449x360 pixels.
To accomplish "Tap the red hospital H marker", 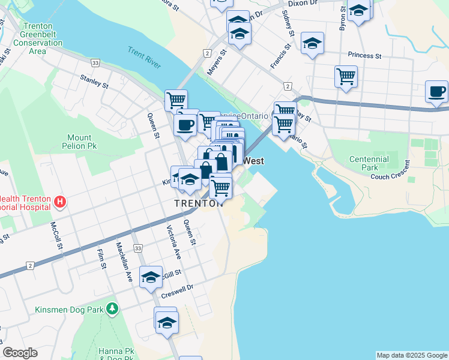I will tap(59, 202).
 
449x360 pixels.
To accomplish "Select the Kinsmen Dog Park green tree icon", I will tap(112, 308).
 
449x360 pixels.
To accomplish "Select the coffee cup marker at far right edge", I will tap(436, 92).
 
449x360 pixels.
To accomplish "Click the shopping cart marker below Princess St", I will tap(346, 77).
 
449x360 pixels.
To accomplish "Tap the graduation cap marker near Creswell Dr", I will tap(151, 277).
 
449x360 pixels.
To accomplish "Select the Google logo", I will tap(20, 353).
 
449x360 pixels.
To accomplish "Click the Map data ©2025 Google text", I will tap(412, 355).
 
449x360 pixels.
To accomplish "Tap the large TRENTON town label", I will tap(198, 203).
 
